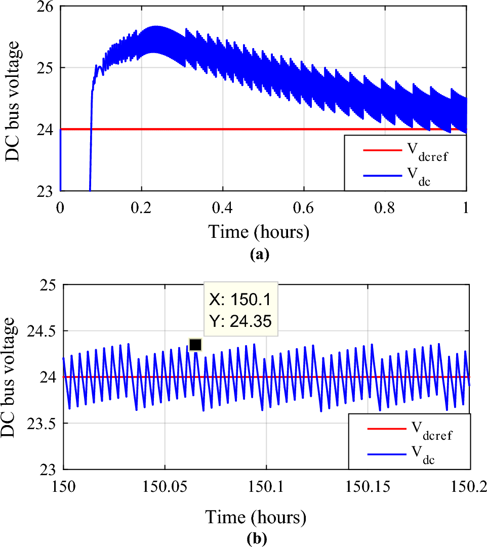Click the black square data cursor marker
(x=195, y=345)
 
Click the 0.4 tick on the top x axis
(x=223, y=209)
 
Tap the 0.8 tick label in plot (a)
(x=385, y=209)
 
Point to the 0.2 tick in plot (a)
(x=142, y=209)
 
